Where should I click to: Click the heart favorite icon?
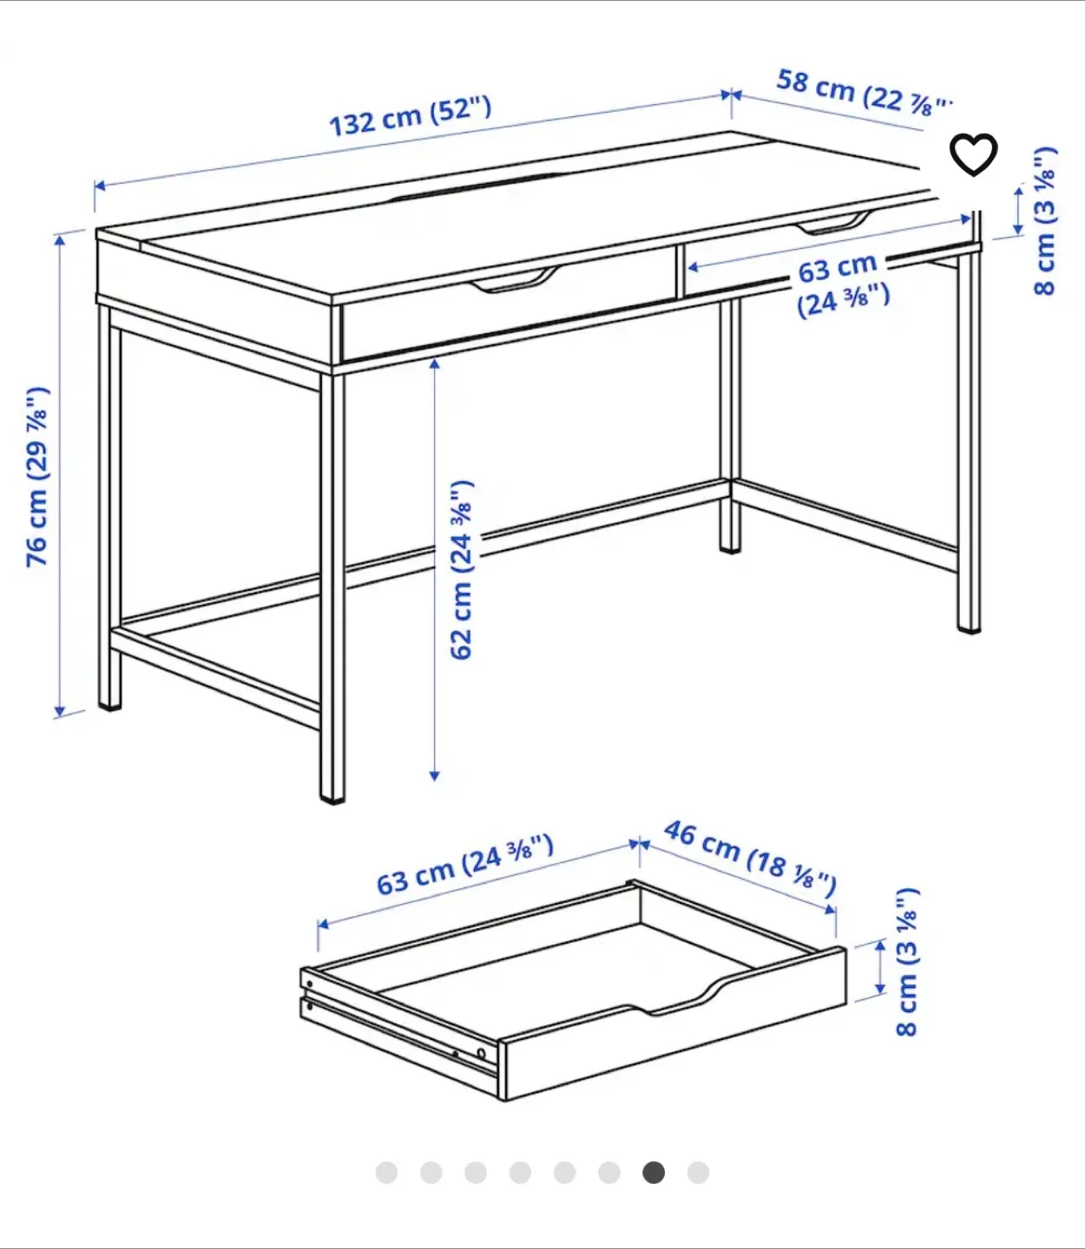click(x=973, y=154)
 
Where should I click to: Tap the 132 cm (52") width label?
click(x=410, y=115)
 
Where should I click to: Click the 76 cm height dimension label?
click(x=37, y=477)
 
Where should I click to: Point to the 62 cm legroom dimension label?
click(x=462, y=570)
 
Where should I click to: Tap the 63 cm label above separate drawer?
click(x=464, y=864)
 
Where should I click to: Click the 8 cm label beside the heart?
click(x=1045, y=222)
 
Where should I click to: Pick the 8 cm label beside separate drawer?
click(x=906, y=962)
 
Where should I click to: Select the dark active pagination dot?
click(x=654, y=1173)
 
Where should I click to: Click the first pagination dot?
click(x=386, y=1173)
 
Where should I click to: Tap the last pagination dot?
click(x=698, y=1173)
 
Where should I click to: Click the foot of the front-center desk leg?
click(x=332, y=796)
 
